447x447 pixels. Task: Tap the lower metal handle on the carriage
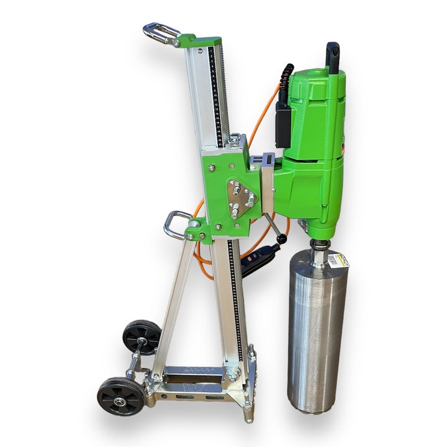pos(176,224)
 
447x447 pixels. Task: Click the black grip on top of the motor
pos(333,57)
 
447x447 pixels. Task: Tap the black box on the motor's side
pos(283,124)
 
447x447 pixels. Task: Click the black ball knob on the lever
pos(282,239)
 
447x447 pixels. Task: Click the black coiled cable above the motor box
pos(286,84)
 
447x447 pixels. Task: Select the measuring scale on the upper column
pos(215,93)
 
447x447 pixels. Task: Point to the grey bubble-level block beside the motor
pos(268,183)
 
